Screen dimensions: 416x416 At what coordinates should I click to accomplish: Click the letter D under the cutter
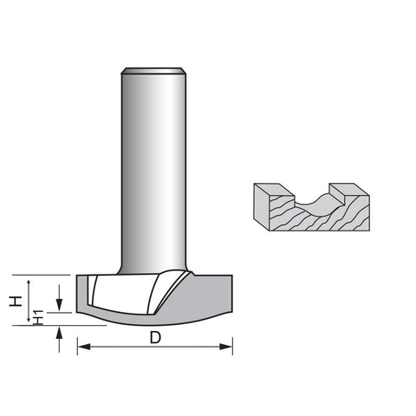coord(155,337)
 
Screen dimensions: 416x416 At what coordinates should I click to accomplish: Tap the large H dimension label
coord(16,301)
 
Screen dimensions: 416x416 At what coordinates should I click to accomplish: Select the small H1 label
coord(38,317)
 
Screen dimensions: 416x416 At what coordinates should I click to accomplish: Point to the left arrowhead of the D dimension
coord(84,347)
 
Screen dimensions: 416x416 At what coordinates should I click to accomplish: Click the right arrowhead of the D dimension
coord(226,347)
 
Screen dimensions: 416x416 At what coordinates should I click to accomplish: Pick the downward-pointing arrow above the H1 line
coord(59,297)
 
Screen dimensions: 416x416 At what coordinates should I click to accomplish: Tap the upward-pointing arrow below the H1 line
coord(59,339)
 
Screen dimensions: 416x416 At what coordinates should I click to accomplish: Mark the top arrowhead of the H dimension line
coord(29,283)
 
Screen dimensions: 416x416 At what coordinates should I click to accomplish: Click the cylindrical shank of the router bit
coord(153,171)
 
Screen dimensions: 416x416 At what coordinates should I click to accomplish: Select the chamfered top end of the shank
coord(153,71)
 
